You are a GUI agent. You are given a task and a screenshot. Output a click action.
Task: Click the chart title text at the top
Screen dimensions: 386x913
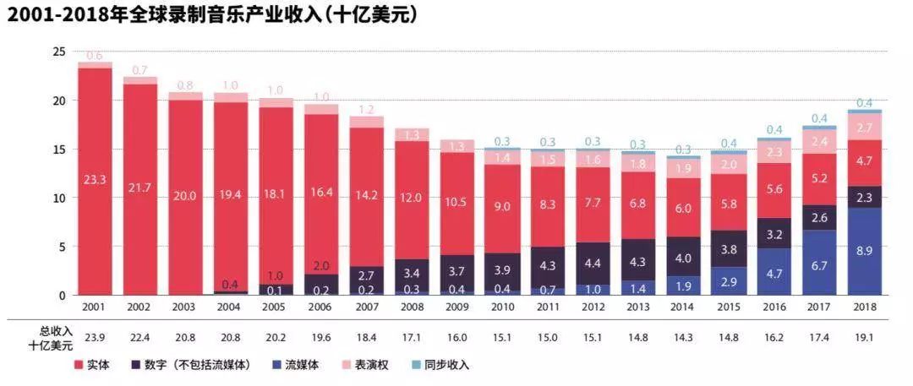tap(211, 15)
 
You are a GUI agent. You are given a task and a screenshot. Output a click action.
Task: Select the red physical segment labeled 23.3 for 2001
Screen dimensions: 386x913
tap(95, 180)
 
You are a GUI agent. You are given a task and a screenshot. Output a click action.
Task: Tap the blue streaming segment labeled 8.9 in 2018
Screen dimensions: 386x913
tap(864, 252)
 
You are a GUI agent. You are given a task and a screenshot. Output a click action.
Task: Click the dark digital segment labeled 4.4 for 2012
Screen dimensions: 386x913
tap(592, 264)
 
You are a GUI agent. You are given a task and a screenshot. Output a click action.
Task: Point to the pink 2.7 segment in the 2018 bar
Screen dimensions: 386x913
tap(864, 128)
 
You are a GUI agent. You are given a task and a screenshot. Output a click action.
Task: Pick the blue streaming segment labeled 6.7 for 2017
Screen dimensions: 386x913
tap(818, 263)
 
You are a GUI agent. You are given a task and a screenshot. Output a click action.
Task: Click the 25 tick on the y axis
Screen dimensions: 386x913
tap(59, 52)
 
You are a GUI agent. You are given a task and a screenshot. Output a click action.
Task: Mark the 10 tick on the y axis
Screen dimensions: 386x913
tap(59, 198)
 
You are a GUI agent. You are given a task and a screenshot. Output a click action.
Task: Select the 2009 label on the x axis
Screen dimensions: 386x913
tap(456, 308)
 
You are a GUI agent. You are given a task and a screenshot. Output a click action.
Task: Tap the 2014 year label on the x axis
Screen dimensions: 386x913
tap(682, 308)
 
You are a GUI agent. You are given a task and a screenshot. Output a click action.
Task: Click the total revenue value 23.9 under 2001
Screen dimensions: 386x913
tap(95, 336)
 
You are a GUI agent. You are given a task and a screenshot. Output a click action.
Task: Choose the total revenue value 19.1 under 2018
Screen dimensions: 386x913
tap(864, 336)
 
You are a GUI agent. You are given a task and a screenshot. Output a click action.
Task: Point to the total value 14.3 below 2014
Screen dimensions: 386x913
tap(682, 336)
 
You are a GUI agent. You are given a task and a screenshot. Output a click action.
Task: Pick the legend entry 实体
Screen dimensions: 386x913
tap(94, 365)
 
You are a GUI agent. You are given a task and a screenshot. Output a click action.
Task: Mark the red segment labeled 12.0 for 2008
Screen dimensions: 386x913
tap(412, 198)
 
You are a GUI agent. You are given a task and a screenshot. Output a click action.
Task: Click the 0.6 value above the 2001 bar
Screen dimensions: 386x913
tap(95, 56)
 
